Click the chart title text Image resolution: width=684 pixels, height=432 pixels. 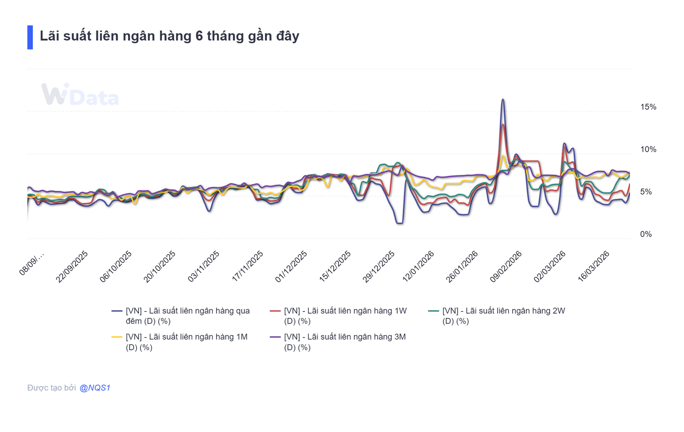169,36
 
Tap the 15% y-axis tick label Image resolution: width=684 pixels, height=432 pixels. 648,107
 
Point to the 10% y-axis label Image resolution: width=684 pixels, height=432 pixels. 648,149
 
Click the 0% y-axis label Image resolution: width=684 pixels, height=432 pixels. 646,234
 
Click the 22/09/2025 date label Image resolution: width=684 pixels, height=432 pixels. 72,267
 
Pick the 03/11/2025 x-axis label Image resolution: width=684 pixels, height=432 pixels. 204,267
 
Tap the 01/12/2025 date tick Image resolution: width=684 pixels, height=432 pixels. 291,267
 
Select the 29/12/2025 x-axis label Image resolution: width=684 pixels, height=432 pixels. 379,267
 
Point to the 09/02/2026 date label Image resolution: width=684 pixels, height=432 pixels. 506,267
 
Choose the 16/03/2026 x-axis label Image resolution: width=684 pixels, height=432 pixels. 594,267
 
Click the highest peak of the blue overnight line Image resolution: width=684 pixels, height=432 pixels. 503,99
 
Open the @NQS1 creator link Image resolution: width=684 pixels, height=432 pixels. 95,388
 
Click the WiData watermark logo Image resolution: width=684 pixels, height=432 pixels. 80,95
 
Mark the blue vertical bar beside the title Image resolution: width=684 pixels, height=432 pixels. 30,37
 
